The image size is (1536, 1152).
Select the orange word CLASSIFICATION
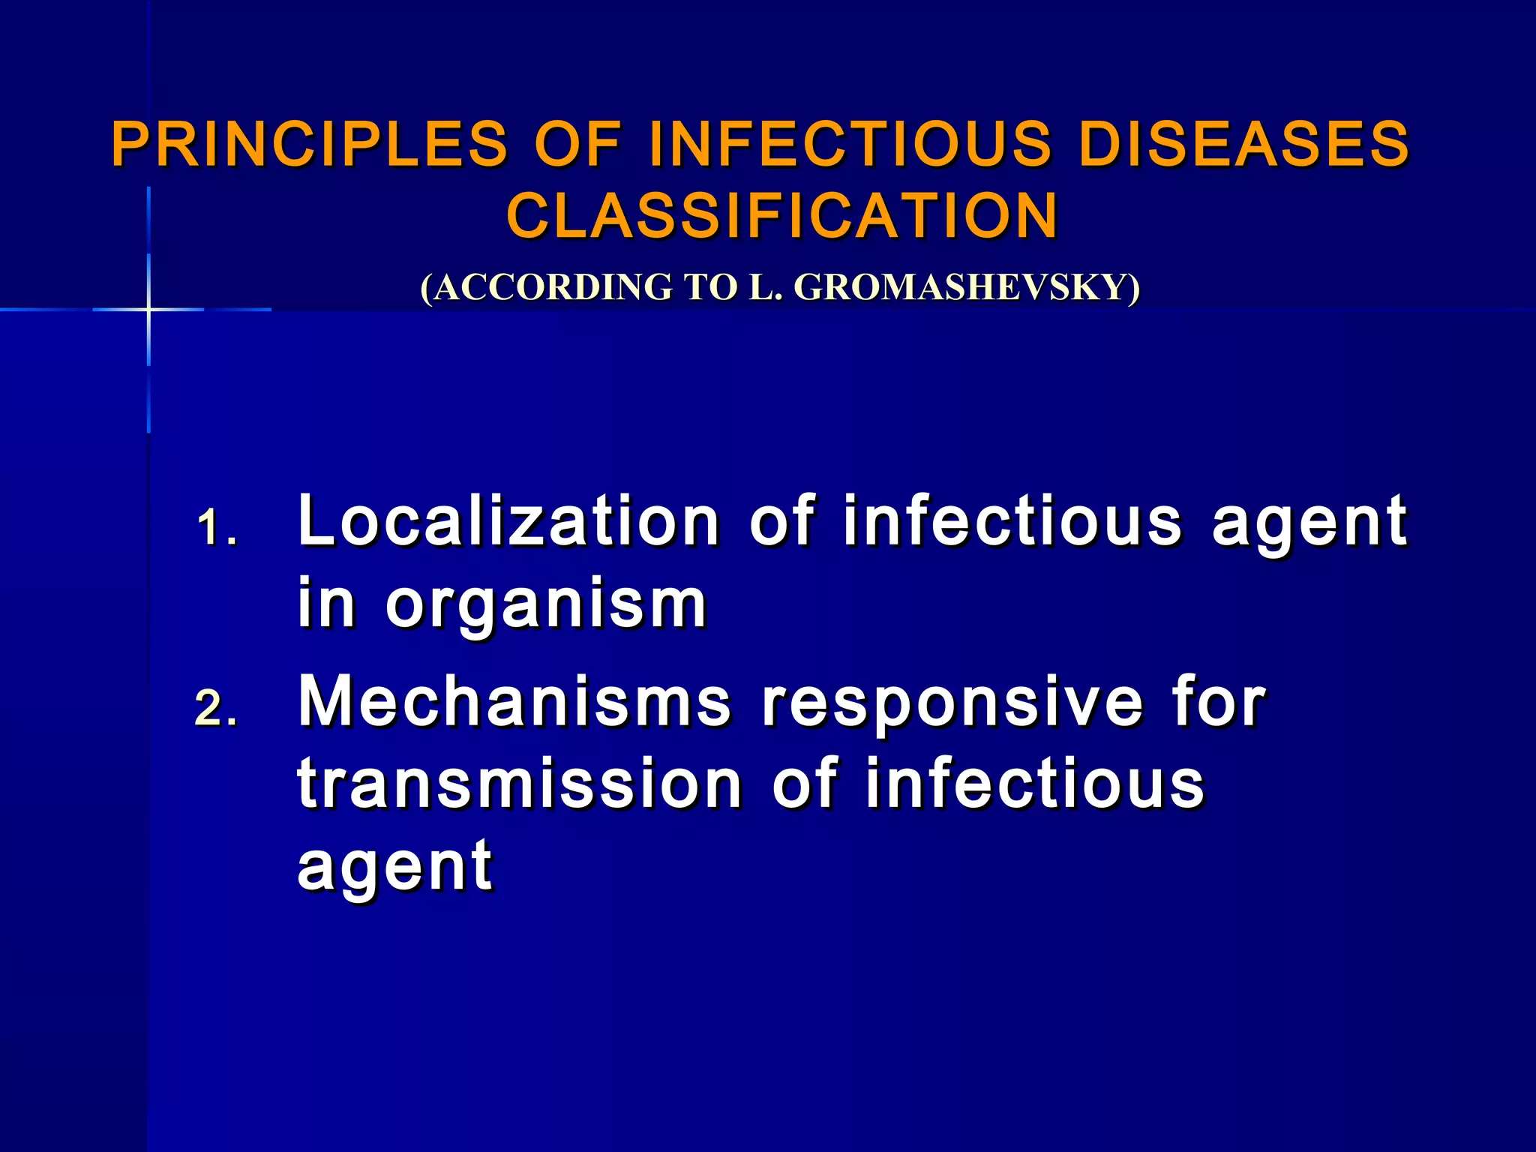click(782, 216)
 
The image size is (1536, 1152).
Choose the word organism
click(546, 604)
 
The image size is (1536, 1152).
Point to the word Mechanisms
click(514, 702)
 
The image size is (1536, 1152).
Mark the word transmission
click(520, 784)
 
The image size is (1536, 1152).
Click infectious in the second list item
click(1034, 784)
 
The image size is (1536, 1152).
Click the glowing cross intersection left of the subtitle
click(148, 309)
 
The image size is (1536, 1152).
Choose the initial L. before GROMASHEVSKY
click(766, 288)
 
